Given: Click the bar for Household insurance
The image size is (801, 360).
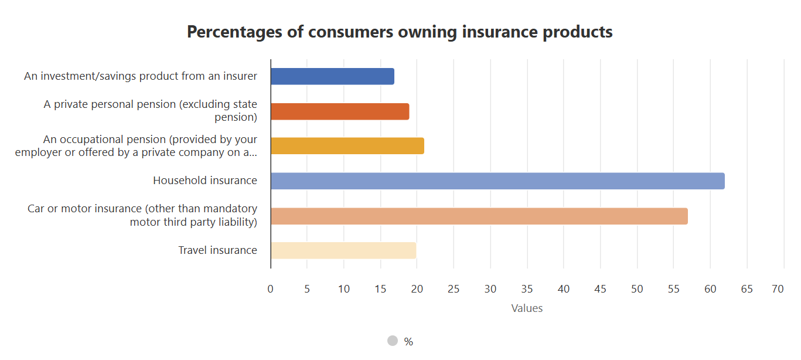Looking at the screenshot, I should (497, 181).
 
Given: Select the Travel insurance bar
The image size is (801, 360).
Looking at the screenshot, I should (343, 250).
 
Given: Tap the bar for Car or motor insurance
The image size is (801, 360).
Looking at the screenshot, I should (479, 216).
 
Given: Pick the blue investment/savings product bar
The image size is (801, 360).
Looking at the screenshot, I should (332, 76).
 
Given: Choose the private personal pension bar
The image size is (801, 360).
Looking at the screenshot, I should (340, 111).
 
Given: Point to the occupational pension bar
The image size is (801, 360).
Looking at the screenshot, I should (347, 146).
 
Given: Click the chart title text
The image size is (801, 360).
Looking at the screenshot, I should (400, 32).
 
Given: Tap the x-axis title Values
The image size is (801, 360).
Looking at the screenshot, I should (527, 308).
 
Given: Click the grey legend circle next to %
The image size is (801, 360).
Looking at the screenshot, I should (393, 341).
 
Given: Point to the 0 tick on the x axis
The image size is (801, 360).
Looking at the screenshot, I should (270, 289).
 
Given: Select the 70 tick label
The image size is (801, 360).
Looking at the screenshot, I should (778, 289).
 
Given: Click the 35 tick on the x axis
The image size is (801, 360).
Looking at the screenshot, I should (527, 289).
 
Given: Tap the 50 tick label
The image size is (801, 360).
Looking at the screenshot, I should (637, 289).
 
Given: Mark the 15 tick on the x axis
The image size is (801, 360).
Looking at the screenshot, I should (380, 289).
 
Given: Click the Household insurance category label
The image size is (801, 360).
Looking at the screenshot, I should (205, 181).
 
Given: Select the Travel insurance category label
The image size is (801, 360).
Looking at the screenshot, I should (217, 250).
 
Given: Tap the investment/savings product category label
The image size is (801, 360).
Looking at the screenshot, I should (141, 76).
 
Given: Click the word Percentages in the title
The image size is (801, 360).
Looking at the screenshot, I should (233, 32).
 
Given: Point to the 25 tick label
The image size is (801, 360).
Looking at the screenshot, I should (454, 289).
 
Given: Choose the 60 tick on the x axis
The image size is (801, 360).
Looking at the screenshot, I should (710, 289).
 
